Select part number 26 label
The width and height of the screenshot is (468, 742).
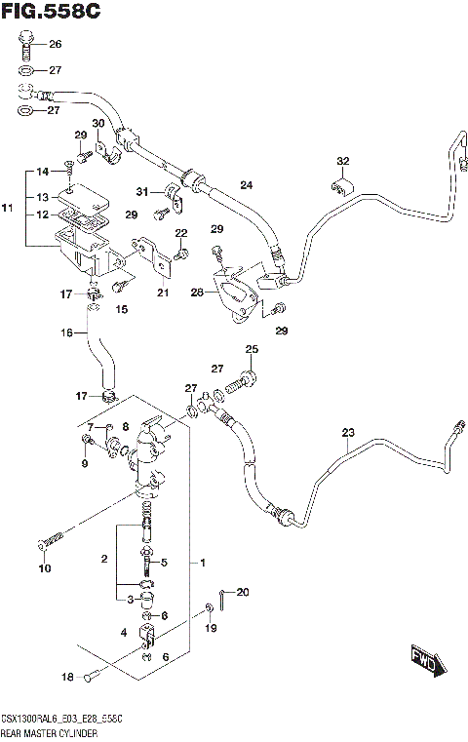(55, 45)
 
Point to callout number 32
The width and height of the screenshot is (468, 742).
(342, 161)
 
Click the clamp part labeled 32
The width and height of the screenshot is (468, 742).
(340, 186)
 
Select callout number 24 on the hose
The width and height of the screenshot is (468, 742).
(247, 185)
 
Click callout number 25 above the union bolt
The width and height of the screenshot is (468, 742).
(252, 350)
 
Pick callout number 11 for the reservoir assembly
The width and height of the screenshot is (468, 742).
(7, 209)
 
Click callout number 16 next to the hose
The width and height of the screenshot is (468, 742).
(67, 333)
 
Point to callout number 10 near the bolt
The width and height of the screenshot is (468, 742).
(43, 568)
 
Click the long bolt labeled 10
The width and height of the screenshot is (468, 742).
(53, 538)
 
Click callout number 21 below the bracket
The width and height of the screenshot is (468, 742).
(162, 293)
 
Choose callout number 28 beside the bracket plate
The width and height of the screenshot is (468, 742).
(198, 292)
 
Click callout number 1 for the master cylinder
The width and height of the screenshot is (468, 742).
(202, 564)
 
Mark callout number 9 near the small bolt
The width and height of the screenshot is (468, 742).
(84, 463)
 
